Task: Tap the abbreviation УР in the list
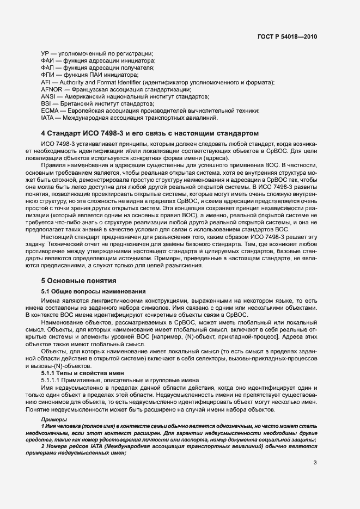pos(46,53)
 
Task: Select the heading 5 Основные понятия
pos(78,281)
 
